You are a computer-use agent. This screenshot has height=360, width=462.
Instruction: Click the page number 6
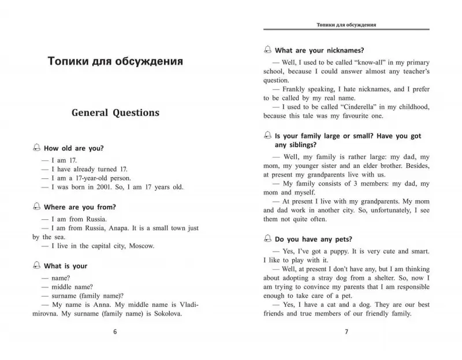pos(115,332)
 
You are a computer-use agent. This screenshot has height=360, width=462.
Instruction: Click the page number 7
pos(346,332)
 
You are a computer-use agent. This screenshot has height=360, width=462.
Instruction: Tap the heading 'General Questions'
pos(115,112)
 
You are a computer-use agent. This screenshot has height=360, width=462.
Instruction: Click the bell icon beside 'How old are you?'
pos(38,148)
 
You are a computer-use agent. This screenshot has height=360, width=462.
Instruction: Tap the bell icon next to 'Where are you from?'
pos(38,207)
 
